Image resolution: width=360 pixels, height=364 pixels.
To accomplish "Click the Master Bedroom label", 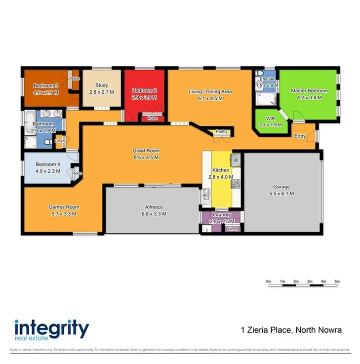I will (x=309, y=91).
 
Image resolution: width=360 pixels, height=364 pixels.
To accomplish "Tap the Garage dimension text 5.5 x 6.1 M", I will (x=281, y=194).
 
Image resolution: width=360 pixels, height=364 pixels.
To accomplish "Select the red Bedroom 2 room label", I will (x=145, y=90).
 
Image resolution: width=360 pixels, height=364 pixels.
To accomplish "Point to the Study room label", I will (x=102, y=85).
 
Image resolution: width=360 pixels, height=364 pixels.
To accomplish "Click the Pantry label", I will (x=221, y=131).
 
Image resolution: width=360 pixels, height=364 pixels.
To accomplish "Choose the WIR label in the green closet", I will (x=270, y=119).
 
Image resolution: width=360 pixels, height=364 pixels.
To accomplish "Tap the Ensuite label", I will (x=267, y=79).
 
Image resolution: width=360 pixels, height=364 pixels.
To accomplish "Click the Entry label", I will (x=300, y=136).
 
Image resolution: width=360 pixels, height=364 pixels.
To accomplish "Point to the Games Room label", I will (x=64, y=207).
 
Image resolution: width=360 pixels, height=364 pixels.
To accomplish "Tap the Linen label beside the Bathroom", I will (x=60, y=142).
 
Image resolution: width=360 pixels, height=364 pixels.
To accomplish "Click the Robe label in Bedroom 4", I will (x=77, y=173).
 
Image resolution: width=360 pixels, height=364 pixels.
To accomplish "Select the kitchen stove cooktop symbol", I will (x=236, y=184).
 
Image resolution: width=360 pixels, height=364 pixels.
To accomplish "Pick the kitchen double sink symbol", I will (x=205, y=196).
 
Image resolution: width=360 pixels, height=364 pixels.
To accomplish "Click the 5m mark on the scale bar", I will (x=337, y=281).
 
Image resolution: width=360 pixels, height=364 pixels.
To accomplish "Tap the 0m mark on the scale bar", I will (x=269, y=281).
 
